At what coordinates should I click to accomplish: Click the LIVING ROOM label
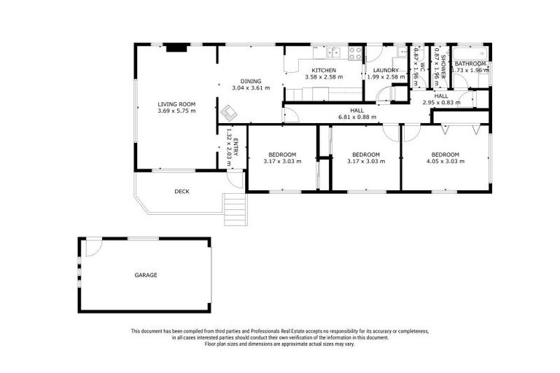[x=176, y=104]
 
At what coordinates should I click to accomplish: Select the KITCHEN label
[x=323, y=70]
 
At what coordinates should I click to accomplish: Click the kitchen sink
[x=335, y=52]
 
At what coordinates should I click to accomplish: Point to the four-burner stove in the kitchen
[x=355, y=52]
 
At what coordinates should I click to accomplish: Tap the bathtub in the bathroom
[x=470, y=54]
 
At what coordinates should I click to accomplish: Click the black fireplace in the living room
[x=176, y=48]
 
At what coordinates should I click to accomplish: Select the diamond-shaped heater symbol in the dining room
[x=230, y=113]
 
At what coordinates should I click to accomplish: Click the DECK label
[x=182, y=192]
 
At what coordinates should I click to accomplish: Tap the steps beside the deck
[x=234, y=210]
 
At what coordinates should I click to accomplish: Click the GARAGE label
[x=145, y=275]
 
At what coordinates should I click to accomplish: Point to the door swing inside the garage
[x=93, y=248]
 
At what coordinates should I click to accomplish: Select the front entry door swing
[x=235, y=179]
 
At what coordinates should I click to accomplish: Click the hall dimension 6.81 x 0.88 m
[x=357, y=117]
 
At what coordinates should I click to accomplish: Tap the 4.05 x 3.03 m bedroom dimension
[x=445, y=161]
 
